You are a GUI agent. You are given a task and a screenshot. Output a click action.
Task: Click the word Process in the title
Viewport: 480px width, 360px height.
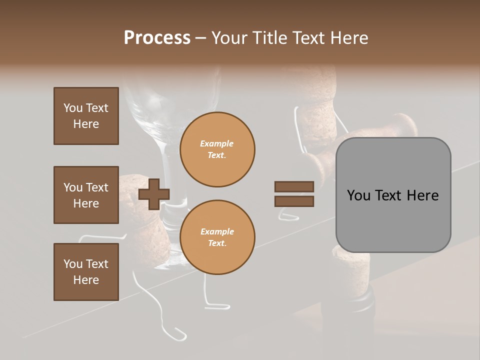pos(157,38)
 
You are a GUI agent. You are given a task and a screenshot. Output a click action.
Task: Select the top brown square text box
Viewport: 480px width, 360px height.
pos(86,116)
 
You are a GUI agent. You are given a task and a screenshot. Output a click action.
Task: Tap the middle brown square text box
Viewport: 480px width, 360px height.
pos(86,195)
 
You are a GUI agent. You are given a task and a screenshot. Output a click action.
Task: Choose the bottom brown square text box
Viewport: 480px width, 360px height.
pos(86,272)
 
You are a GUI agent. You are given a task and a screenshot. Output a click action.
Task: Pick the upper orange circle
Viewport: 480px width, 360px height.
pos(217,149)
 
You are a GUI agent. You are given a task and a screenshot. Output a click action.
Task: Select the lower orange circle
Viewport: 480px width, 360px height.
pos(217,237)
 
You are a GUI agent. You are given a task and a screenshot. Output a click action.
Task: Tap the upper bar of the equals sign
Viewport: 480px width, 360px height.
pos(294,186)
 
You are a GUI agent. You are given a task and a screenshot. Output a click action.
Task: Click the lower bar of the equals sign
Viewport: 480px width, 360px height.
pos(294,201)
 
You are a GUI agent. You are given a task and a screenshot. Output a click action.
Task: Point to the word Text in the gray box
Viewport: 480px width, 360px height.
pos(391,195)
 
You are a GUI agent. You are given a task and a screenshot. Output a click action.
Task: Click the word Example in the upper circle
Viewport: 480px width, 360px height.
pos(217,143)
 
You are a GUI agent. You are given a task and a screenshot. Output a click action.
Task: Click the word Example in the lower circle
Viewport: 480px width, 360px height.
pos(217,231)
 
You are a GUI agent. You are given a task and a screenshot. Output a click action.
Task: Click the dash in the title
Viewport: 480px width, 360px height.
pos(201,38)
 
